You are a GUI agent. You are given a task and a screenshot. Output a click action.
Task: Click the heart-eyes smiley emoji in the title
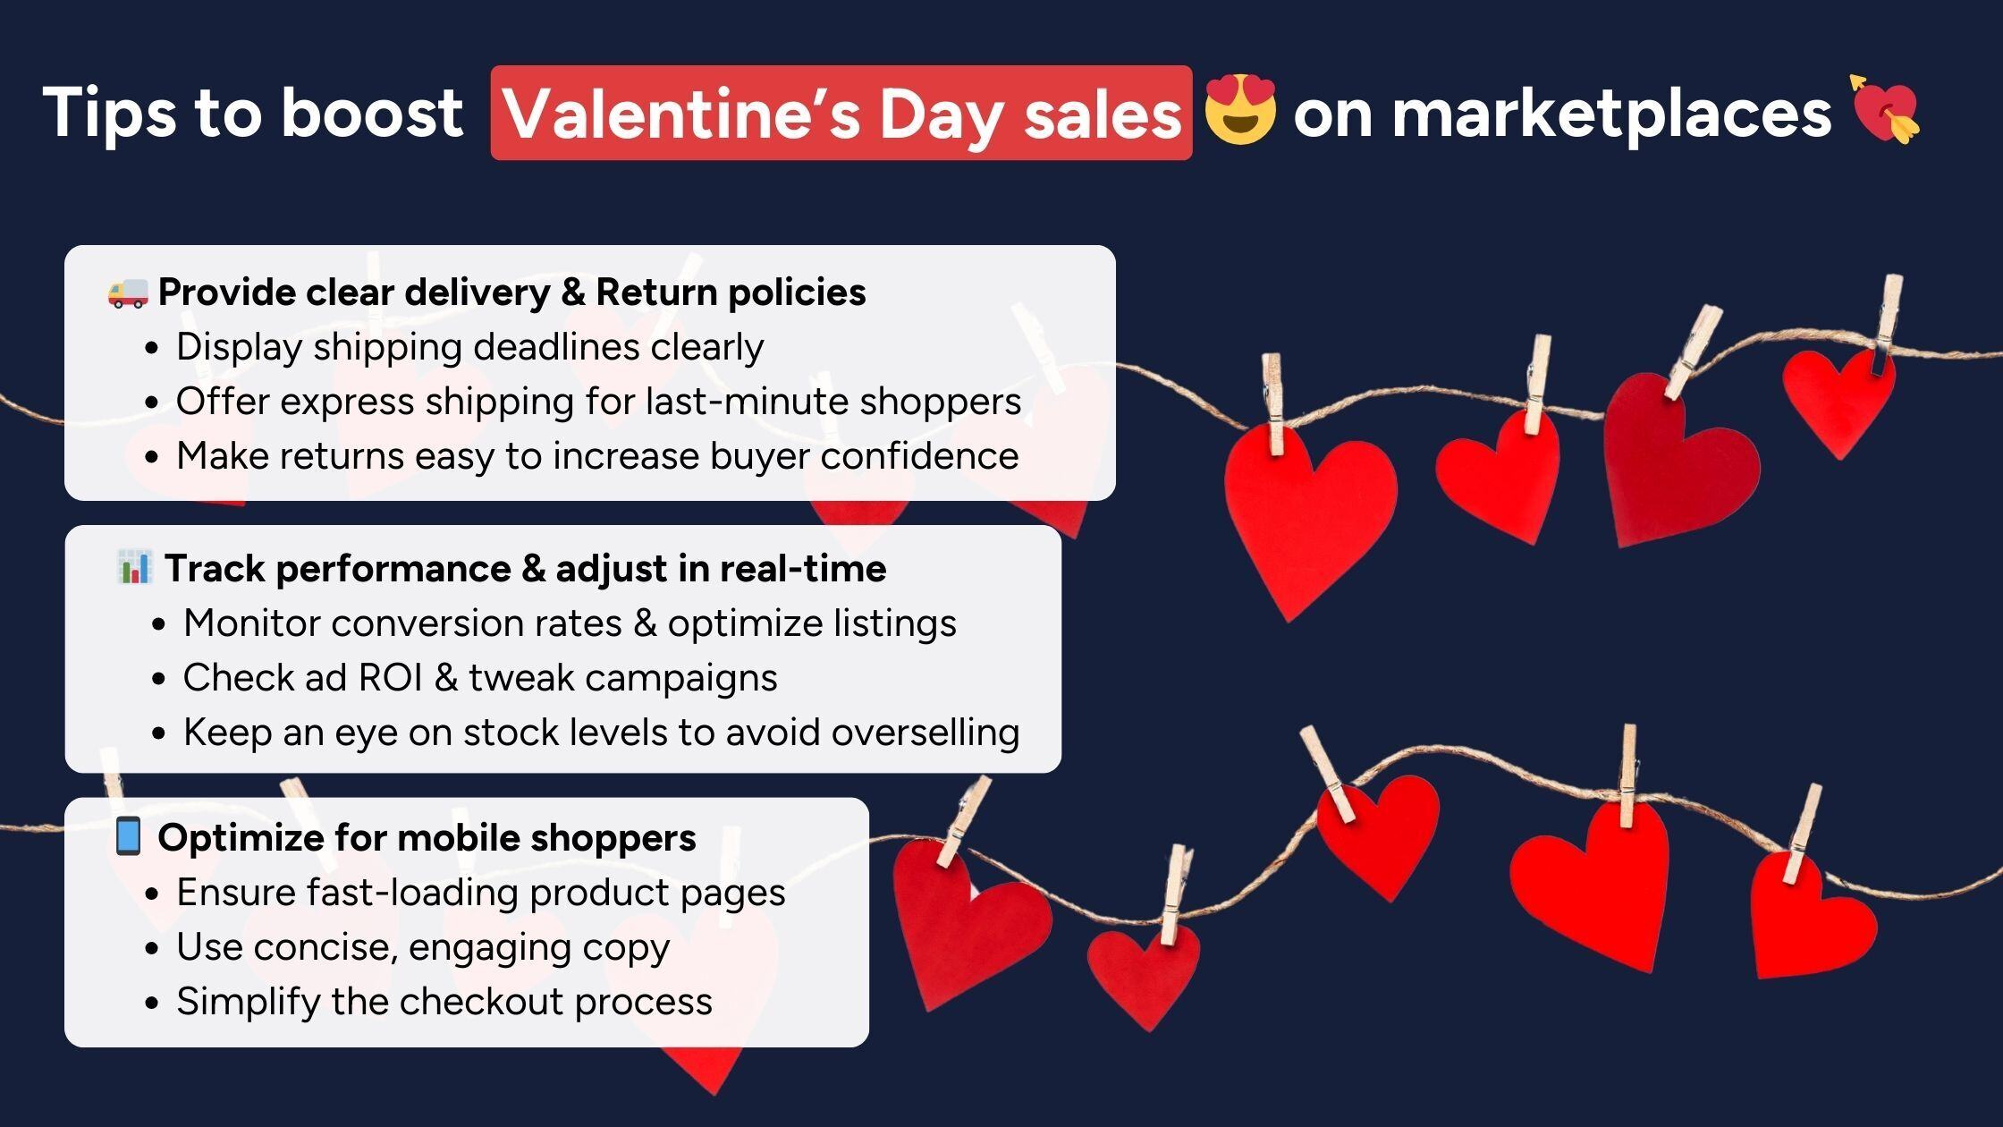1239,110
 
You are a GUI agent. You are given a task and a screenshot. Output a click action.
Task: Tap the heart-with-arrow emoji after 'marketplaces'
1885,109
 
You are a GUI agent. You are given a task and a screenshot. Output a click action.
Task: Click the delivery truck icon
128,292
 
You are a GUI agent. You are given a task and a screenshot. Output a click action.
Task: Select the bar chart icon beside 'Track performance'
135,567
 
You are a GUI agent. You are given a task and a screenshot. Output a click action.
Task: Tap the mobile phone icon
128,836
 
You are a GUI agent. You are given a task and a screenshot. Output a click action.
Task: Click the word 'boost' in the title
372,113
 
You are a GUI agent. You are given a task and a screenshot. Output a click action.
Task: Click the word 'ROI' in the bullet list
390,678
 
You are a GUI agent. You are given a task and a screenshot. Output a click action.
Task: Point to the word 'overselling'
925,733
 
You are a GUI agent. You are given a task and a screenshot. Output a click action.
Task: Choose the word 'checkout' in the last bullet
480,1002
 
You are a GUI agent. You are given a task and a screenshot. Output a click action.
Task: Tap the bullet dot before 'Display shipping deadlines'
152,348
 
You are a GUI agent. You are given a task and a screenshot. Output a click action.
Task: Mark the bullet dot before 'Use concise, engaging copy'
152,948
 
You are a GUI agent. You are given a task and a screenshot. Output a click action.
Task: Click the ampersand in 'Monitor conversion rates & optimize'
644,623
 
